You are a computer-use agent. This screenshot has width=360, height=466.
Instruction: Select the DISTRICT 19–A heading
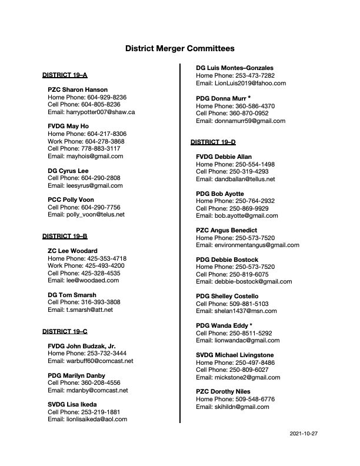65,75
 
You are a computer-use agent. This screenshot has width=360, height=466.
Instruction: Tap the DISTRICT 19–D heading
213,142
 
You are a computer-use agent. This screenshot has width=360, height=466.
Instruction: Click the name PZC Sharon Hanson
78,89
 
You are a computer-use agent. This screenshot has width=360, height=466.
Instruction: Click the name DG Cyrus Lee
68,171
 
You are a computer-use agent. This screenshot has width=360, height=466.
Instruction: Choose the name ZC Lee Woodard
72,251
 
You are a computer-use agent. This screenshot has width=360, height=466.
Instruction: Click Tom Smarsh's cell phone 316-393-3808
84,302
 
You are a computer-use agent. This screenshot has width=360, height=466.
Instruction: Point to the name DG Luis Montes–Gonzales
234,68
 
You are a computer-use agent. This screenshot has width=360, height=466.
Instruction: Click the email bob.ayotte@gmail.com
245,216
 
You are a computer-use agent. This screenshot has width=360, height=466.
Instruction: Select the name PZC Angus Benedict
228,230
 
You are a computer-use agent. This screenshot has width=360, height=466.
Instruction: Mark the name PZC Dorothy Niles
223,392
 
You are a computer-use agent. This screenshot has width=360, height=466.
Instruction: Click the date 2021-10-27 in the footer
304,433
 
